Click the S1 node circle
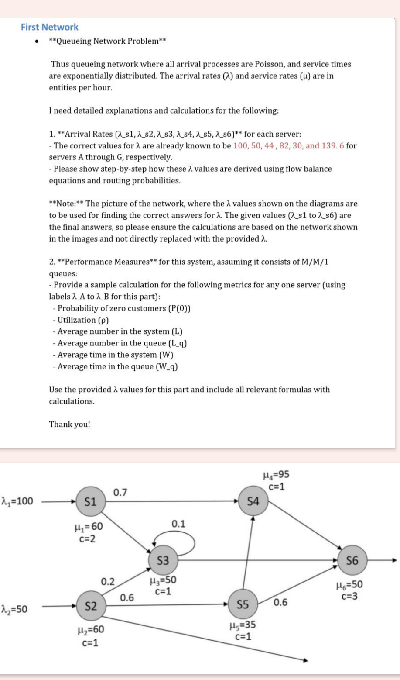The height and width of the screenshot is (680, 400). tap(90, 501)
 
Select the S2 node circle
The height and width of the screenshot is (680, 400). tap(90, 606)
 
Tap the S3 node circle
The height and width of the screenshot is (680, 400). tap(163, 560)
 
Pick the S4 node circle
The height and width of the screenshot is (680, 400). tap(253, 501)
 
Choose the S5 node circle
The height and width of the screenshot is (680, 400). tap(243, 604)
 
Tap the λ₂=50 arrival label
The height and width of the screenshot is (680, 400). tap(14, 608)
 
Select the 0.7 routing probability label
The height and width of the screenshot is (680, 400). tap(120, 493)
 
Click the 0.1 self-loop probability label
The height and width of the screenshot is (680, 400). tap(178, 523)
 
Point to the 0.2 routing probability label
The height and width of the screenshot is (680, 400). tap(107, 581)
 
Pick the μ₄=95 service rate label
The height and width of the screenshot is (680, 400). tap(276, 475)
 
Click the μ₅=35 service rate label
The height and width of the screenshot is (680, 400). tap(243, 625)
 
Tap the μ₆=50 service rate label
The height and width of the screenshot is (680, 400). tap(350, 585)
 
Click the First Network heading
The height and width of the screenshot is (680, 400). tap(49, 27)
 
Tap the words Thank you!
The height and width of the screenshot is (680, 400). tap(69, 424)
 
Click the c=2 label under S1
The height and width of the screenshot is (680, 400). tap(88, 538)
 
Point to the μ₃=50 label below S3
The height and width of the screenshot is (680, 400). tap(163, 581)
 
